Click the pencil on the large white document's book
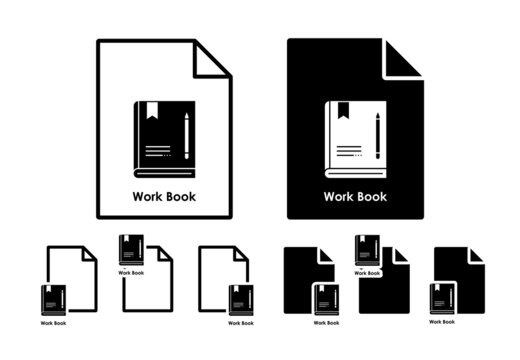tap(186, 137)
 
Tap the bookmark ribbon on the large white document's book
tap(149, 112)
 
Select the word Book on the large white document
tap(180, 196)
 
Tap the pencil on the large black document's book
tap(377, 137)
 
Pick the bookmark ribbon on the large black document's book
tap(340, 112)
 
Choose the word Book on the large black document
tap(371, 196)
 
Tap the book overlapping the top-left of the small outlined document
tap(131, 250)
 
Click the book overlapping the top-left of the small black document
tap(367, 250)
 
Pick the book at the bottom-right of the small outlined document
tap(239, 299)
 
